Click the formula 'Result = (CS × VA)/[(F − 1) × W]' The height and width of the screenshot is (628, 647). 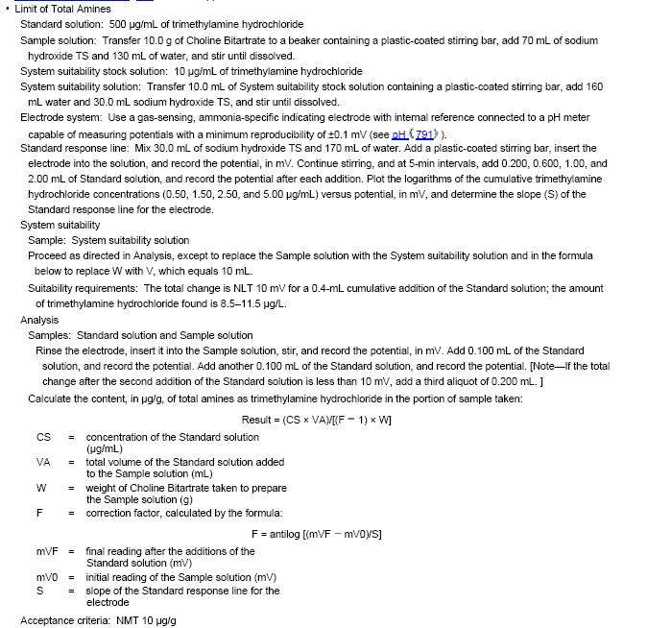[x=316, y=420]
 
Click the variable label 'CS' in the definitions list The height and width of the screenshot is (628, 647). [x=43, y=438]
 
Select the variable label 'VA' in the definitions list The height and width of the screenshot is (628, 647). [x=43, y=462]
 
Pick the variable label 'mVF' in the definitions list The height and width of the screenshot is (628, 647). [x=48, y=551]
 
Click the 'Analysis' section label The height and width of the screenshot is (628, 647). [x=39, y=320]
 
